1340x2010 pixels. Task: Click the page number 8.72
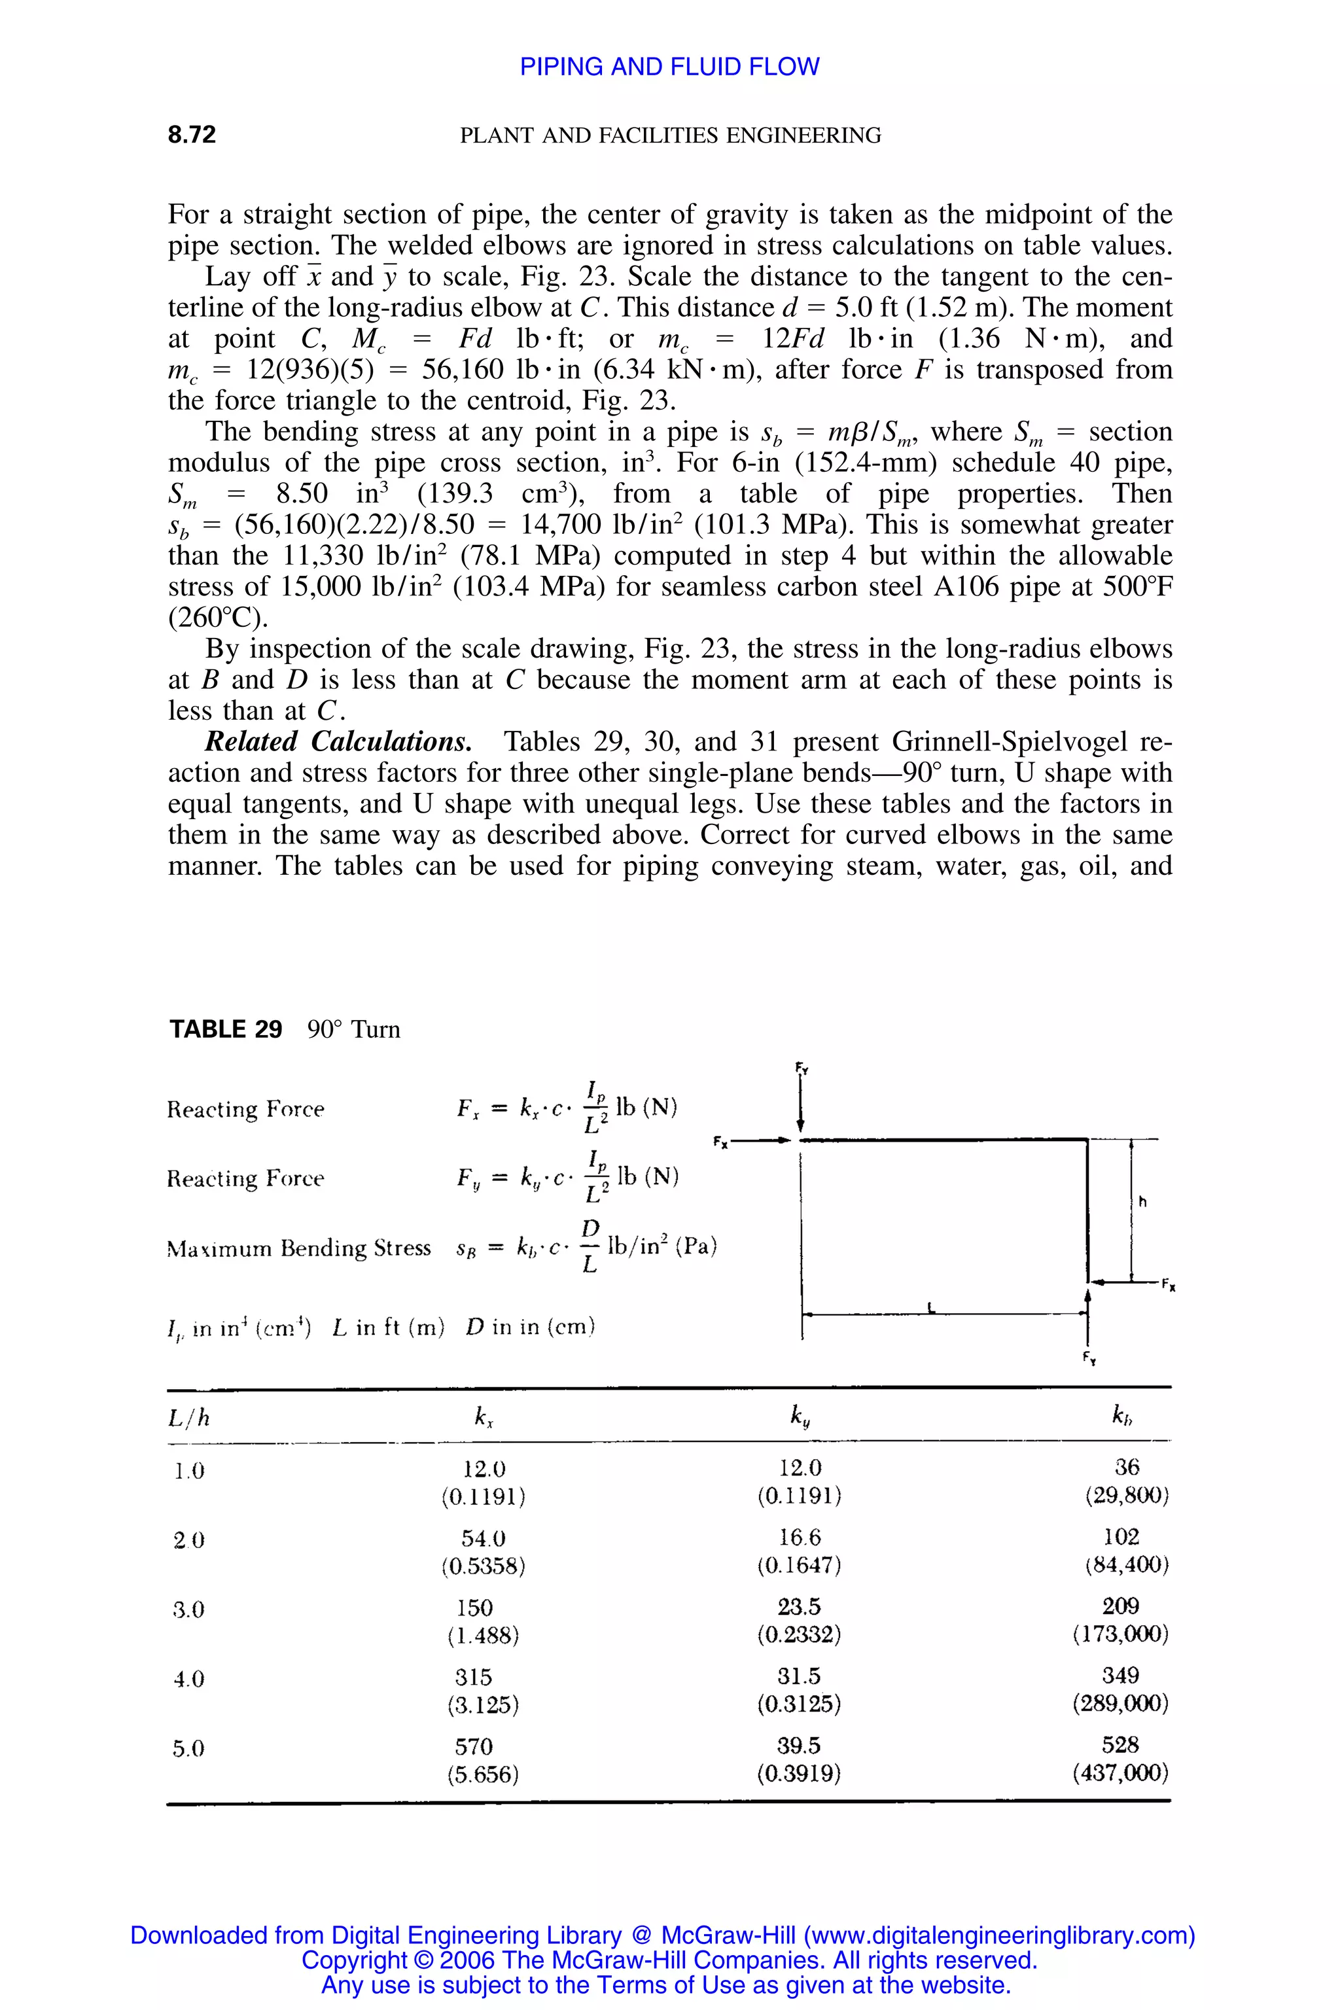(192, 134)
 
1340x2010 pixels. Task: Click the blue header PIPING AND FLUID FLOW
(669, 67)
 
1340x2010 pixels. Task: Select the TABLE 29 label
(226, 1029)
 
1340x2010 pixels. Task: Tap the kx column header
(484, 1418)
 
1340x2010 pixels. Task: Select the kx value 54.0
(483, 1538)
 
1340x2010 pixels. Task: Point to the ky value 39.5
(799, 1745)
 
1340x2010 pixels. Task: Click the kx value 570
(474, 1746)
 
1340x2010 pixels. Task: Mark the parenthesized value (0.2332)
(799, 1635)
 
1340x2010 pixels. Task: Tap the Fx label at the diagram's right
(1168, 1287)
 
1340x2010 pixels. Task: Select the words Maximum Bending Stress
(299, 1248)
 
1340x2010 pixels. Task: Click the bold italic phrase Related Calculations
(338, 742)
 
